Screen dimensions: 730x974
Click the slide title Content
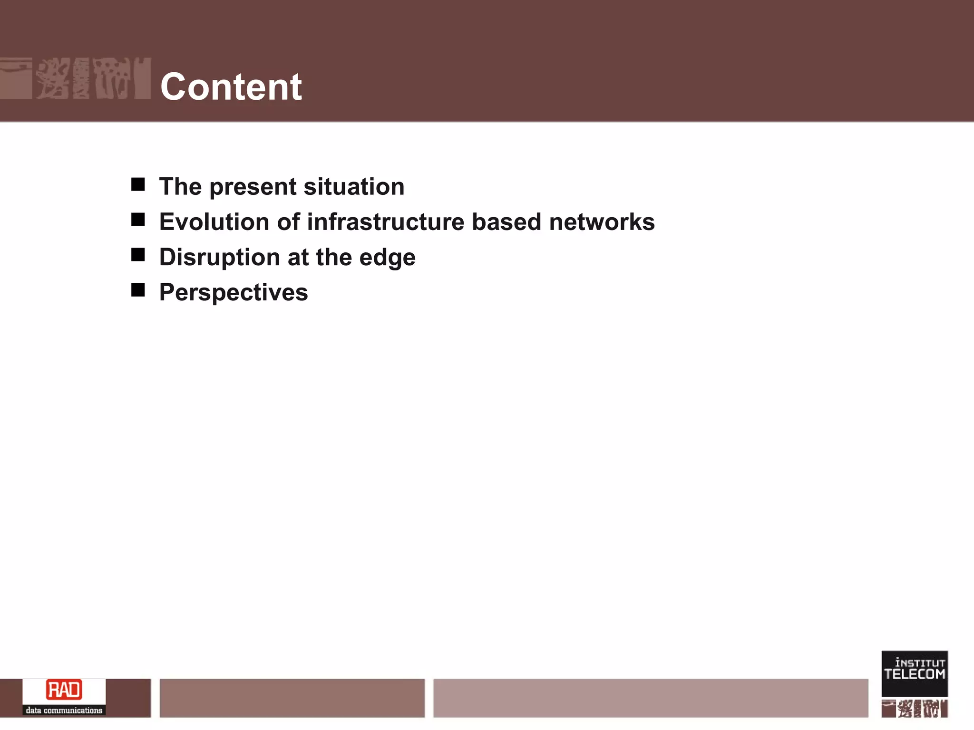(x=231, y=87)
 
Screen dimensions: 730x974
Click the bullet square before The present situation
(x=138, y=184)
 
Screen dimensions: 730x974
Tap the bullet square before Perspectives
(x=138, y=290)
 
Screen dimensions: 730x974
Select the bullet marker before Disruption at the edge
(x=138, y=255)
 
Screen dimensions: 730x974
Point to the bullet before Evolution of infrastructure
(x=138, y=220)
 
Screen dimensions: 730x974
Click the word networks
(x=602, y=222)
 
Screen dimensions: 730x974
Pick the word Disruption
(x=219, y=257)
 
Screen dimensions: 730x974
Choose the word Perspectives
(x=234, y=292)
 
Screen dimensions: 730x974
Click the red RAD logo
(x=64, y=690)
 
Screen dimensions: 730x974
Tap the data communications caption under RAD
(x=64, y=711)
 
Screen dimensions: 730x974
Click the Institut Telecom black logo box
(x=914, y=673)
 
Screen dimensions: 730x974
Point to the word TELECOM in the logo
(x=914, y=674)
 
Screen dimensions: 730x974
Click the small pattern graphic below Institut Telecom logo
(x=914, y=709)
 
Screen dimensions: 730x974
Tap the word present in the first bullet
(x=253, y=187)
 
